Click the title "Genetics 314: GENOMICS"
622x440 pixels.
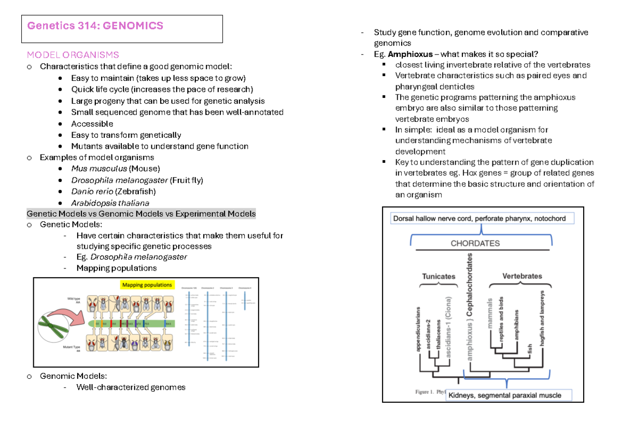pos(95,25)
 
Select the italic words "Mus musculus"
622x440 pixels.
pos(99,168)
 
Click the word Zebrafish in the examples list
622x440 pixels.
pos(135,191)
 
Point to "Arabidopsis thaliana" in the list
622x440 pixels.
pos(110,203)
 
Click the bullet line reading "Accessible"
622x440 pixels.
pos(92,123)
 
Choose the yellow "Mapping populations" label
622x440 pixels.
pos(147,285)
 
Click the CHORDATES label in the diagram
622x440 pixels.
pos(475,243)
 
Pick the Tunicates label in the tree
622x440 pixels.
pos(439,276)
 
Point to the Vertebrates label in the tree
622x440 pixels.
pos(522,276)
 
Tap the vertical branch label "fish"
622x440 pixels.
pos(530,349)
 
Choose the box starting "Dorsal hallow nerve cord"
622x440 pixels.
pos(479,219)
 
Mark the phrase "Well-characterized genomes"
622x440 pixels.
pos(131,387)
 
